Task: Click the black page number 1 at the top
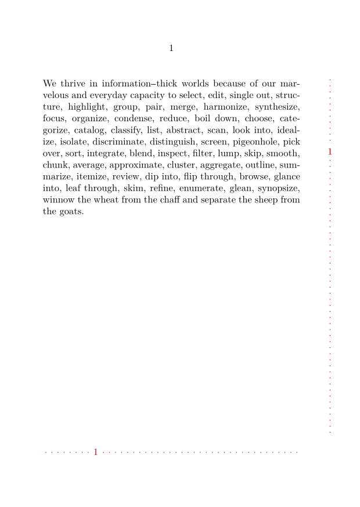(171, 48)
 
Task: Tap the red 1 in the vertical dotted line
(330, 151)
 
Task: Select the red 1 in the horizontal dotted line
(96, 451)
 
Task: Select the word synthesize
(278, 107)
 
